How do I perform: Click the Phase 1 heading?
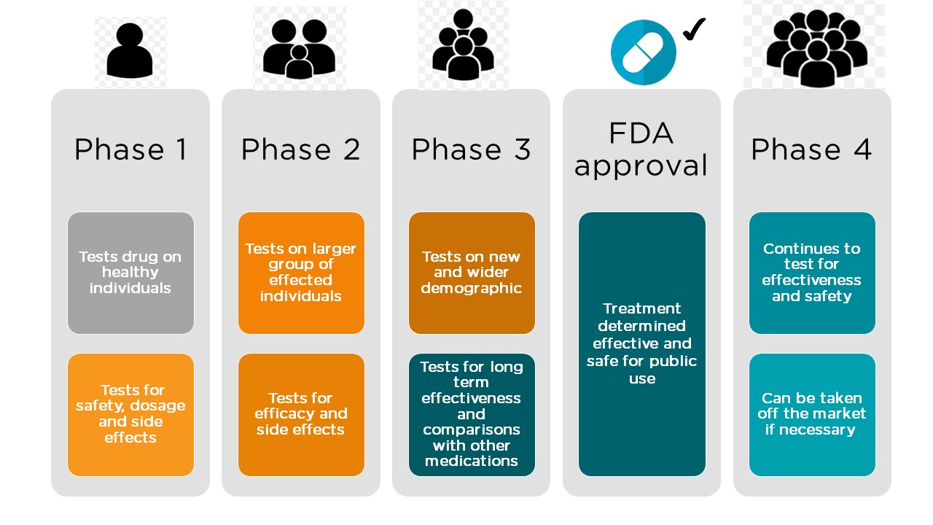(x=130, y=149)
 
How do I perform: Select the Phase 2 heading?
(x=300, y=149)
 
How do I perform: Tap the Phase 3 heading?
(x=471, y=149)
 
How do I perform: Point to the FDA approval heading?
(x=641, y=149)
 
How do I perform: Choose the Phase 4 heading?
(x=811, y=149)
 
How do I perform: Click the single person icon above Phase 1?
(x=130, y=51)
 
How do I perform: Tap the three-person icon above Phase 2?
(x=300, y=48)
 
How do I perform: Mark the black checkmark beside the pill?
(x=694, y=29)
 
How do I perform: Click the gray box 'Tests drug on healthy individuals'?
(x=131, y=273)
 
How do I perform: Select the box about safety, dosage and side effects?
(x=131, y=414)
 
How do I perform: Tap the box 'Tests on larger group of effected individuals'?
(x=301, y=273)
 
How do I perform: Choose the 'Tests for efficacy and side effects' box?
(x=301, y=414)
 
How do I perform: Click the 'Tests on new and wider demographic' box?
(x=472, y=273)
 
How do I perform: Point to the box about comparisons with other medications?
(x=472, y=414)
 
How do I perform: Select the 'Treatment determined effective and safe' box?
(x=642, y=343)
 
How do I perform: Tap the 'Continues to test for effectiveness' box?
(x=812, y=273)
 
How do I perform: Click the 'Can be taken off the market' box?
(x=812, y=414)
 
